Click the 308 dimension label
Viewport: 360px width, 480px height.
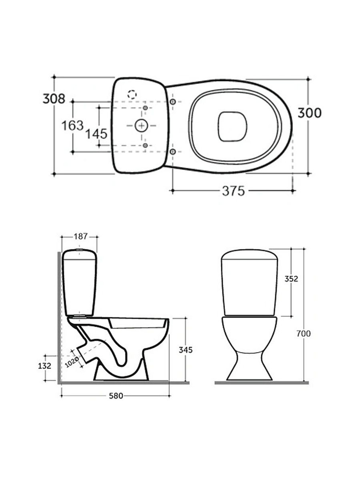pyautogui.click(x=54, y=99)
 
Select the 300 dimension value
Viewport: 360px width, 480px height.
pyautogui.click(x=310, y=113)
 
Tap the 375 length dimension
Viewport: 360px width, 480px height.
pyautogui.click(x=233, y=191)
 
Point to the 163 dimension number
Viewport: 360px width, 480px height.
pyautogui.click(x=73, y=126)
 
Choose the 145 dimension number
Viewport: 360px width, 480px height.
pyautogui.click(x=96, y=134)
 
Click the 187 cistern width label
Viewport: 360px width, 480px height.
pyautogui.click(x=81, y=236)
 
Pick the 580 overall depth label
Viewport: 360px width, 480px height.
pyautogui.click(x=116, y=396)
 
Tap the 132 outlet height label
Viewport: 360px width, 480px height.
pyautogui.click(x=45, y=365)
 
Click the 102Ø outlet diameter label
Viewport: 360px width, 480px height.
pyautogui.click(x=72, y=362)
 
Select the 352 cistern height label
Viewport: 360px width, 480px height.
pyautogui.click(x=291, y=279)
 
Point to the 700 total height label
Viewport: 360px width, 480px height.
pyautogui.click(x=303, y=333)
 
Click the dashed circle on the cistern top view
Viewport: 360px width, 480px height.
pyautogui.click(x=132, y=94)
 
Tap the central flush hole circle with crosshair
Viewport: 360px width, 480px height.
pyautogui.click(x=141, y=126)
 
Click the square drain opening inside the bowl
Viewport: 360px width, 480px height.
pyautogui.click(x=232, y=126)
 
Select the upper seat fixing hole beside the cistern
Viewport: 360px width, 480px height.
pyautogui.click(x=173, y=102)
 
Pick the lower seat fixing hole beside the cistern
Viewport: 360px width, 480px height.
pyautogui.click(x=173, y=152)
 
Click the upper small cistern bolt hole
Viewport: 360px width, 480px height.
pyautogui.click(x=145, y=108)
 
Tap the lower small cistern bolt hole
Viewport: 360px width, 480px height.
pyautogui.click(x=145, y=145)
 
